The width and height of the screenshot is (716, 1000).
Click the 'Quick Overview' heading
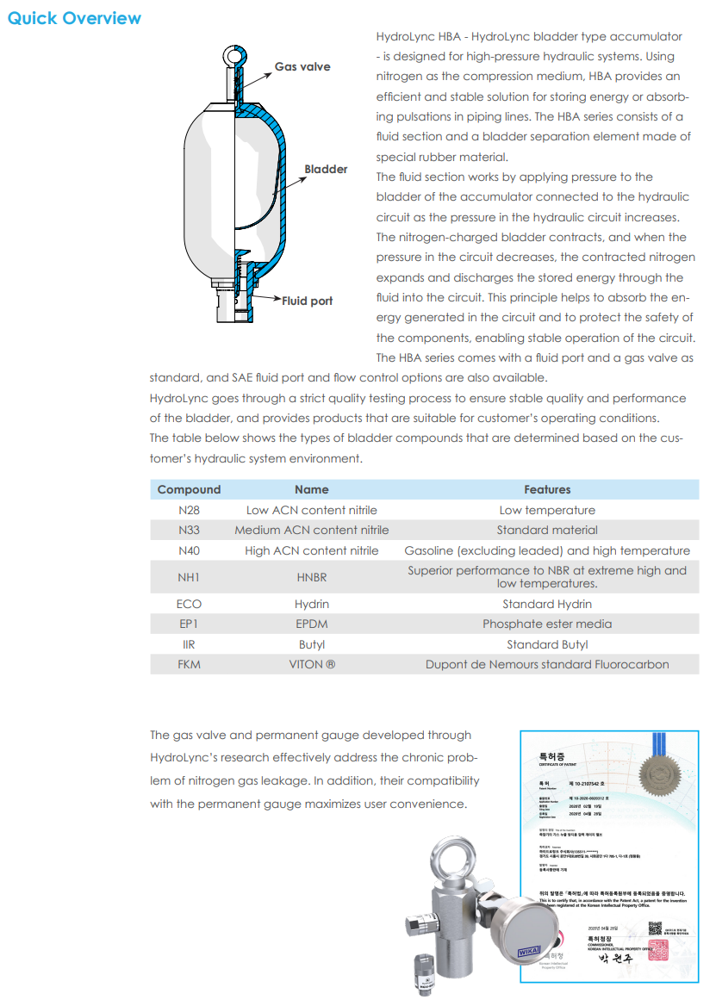point(74,18)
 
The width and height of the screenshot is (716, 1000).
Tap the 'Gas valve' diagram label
point(302,66)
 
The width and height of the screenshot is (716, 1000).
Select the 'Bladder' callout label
point(326,169)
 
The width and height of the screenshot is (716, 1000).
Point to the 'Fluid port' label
point(307,301)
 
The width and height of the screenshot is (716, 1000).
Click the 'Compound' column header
point(189,489)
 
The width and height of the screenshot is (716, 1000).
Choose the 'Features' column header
point(547,489)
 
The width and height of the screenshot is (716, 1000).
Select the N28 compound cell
point(189,510)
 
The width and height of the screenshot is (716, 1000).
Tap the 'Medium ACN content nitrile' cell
point(311,530)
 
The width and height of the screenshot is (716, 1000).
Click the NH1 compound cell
point(189,577)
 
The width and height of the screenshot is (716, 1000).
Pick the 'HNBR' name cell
point(311,577)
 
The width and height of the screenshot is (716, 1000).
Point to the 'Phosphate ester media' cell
point(547,624)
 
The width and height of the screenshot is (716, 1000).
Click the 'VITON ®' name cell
point(311,664)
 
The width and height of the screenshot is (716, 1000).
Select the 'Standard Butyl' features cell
point(547,644)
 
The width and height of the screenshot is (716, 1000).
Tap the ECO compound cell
point(189,604)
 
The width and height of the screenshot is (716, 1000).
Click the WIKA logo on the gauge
point(528,951)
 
